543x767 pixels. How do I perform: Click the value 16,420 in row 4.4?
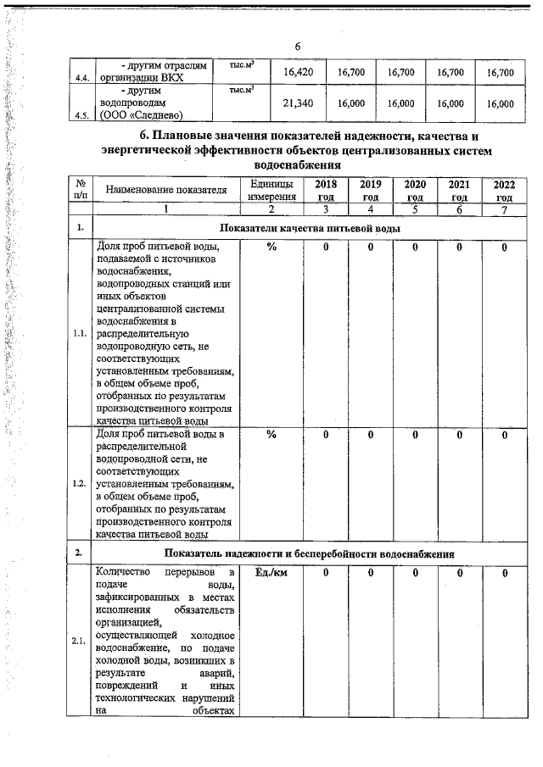[x=299, y=73]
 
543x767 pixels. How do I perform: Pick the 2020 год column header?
[x=414, y=191]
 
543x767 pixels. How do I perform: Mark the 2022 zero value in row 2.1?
[x=503, y=574]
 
